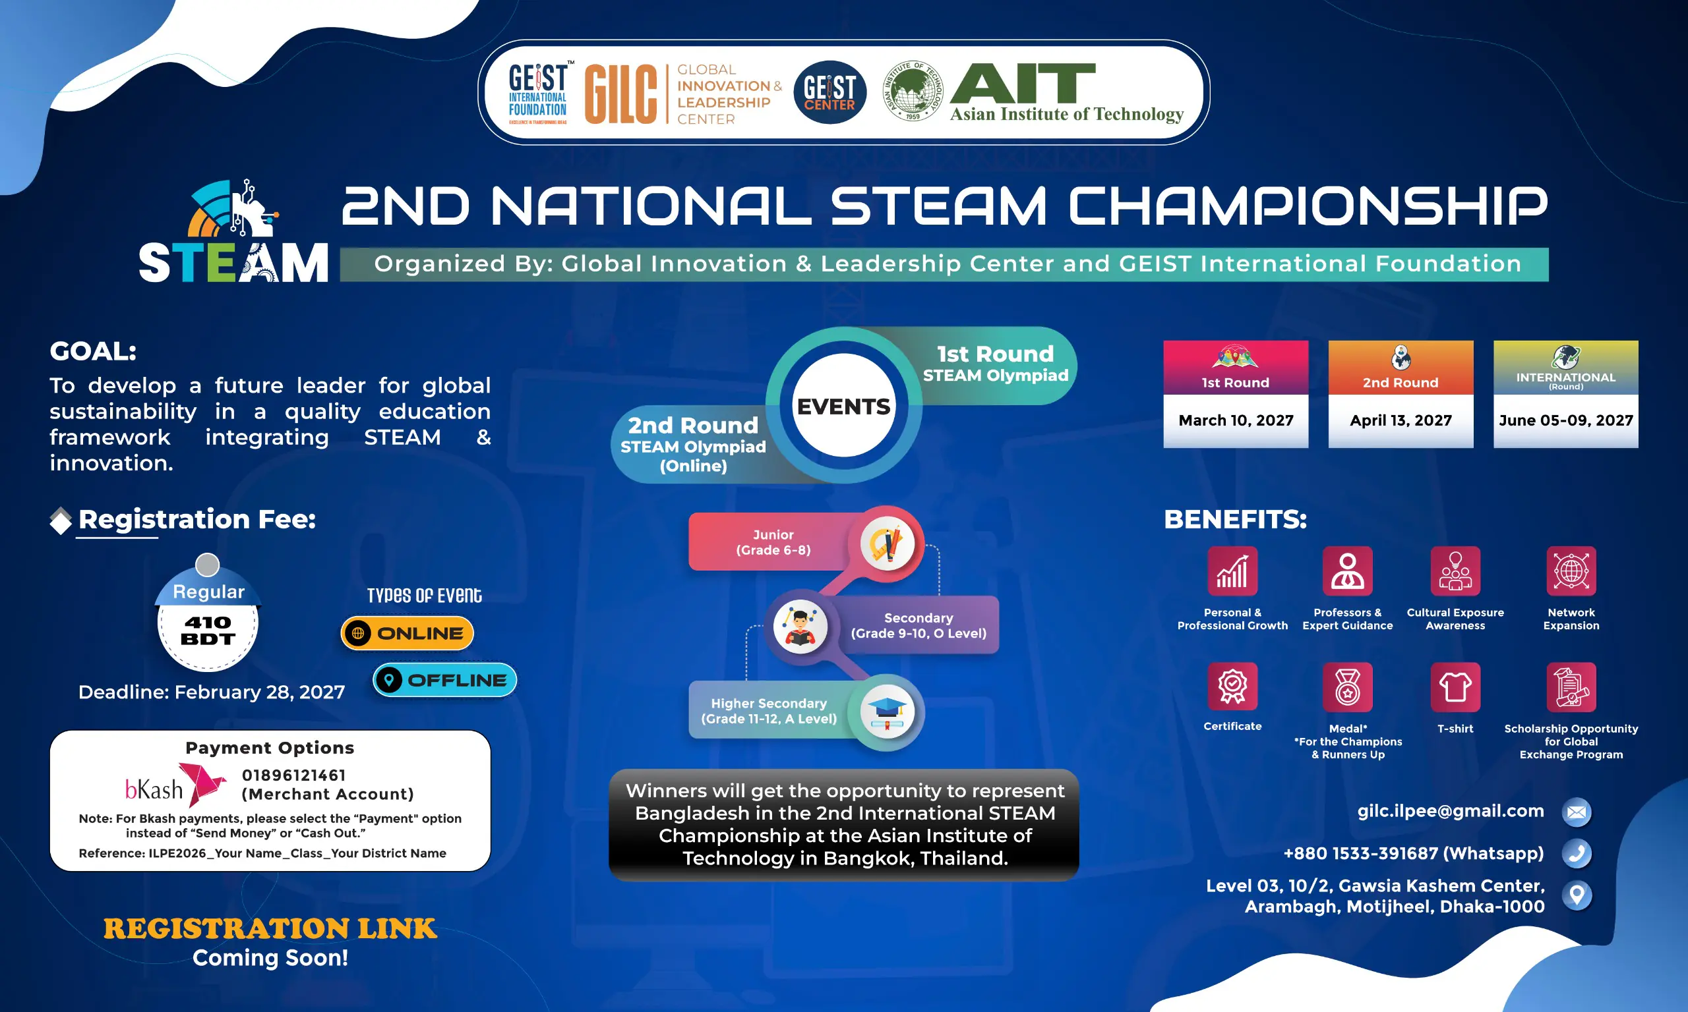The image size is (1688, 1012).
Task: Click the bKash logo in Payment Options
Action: [x=175, y=785]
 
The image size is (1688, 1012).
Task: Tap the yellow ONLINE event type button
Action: [x=407, y=633]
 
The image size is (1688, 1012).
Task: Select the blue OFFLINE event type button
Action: [x=444, y=680]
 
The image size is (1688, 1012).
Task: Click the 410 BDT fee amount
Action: [x=208, y=630]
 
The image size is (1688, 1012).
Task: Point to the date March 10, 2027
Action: [x=1236, y=420]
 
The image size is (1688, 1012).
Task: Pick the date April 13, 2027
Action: [x=1401, y=420]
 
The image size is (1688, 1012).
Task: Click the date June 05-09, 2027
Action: [x=1566, y=420]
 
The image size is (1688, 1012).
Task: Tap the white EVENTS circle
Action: [x=844, y=406]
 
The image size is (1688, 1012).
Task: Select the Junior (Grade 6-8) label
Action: [x=773, y=542]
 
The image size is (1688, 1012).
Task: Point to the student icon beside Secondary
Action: [x=800, y=626]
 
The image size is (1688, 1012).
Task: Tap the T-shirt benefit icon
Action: [x=1455, y=687]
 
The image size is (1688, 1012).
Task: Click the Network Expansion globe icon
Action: [x=1571, y=571]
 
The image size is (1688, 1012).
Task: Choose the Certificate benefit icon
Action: [x=1232, y=687]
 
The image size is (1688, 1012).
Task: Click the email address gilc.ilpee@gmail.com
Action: [x=1451, y=811]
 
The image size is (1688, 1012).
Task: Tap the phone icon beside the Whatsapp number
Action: [x=1577, y=853]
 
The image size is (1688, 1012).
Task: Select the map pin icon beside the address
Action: [x=1577, y=895]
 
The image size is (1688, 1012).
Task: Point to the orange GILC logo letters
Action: [x=621, y=94]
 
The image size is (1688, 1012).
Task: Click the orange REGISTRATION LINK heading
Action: [x=270, y=929]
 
